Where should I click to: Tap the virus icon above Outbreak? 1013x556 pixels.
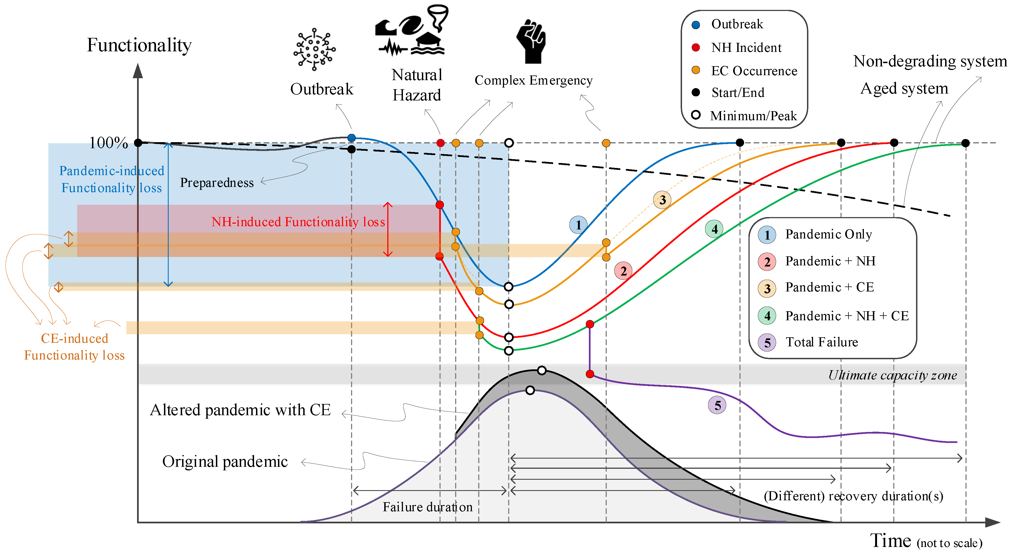[x=314, y=49]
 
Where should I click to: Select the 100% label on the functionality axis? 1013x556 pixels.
[x=108, y=143]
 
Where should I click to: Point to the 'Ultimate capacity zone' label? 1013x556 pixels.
[x=892, y=375]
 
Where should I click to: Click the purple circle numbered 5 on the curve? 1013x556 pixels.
[x=717, y=405]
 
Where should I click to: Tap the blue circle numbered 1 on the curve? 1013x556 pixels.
[x=578, y=225]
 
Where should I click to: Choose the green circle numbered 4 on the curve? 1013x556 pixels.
[x=714, y=229]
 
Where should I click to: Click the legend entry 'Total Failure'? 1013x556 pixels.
[x=822, y=342]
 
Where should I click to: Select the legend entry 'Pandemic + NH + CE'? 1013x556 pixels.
[x=847, y=316]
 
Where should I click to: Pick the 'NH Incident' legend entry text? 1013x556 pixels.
[x=746, y=47]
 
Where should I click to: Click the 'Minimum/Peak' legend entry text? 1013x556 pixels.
[x=753, y=116]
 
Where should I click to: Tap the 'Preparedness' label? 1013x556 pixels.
[x=217, y=183]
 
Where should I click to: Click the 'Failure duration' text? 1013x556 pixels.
[x=427, y=507]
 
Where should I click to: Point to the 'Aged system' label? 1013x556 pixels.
[x=904, y=88]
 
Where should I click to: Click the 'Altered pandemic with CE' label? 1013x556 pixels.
[x=240, y=410]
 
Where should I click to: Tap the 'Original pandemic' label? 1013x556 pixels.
[x=225, y=461]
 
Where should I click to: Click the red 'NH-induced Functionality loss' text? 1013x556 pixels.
[x=298, y=222]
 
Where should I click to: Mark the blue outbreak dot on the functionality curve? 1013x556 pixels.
[x=352, y=138]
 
